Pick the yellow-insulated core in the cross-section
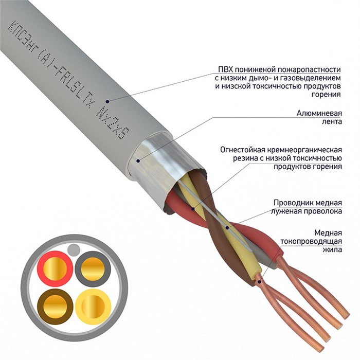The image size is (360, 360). pos(93,307)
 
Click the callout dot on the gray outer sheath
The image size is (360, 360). pos(107,100)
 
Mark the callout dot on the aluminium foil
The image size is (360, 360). pos(138,160)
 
